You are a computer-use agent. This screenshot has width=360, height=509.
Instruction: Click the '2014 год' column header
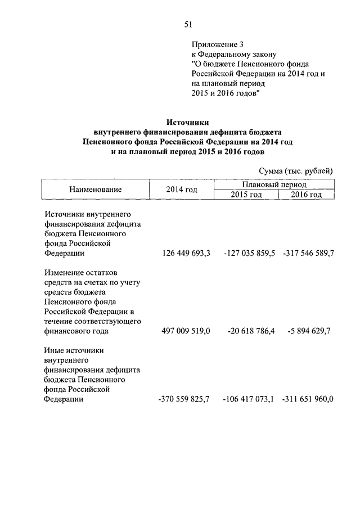coord(182,190)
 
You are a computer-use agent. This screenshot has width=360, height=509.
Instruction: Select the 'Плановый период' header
coord(274,184)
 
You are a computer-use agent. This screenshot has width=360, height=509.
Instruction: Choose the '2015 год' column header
coord(246,195)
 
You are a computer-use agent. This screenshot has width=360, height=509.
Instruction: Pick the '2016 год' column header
coord(307,195)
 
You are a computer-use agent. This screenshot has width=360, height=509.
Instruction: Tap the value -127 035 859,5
coord(248,254)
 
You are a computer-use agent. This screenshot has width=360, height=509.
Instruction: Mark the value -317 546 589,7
coord(308,254)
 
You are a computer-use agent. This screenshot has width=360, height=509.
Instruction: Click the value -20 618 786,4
coord(251,331)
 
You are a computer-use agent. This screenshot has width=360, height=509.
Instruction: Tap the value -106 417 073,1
coord(248,399)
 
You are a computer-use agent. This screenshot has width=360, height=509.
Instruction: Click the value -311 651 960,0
coord(308,399)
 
